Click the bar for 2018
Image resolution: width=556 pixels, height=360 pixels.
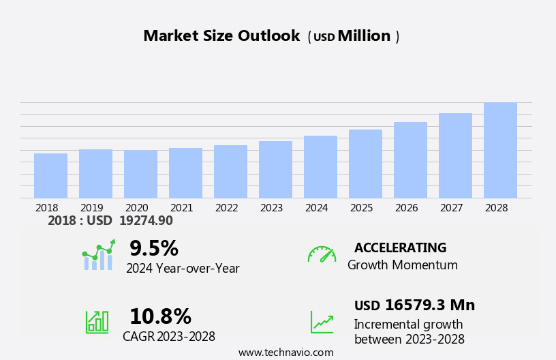pos(50,176)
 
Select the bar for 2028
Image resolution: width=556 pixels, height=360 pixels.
pos(500,151)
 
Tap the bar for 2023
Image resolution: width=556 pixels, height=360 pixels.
pos(275,170)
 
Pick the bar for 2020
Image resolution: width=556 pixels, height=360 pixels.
pos(140,174)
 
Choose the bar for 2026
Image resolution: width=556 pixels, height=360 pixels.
pos(410,160)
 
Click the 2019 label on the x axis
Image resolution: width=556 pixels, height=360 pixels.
pos(92,208)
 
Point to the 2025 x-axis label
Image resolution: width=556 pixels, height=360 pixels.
pos(362,208)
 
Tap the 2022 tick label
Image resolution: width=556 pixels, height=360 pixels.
pos(227,208)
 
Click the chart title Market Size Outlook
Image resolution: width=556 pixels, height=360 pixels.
pos(221,36)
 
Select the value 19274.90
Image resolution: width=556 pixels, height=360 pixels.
pos(146,221)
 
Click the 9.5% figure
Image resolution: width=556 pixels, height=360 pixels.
pos(154,248)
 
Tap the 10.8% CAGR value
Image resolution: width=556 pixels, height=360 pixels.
pos(160,316)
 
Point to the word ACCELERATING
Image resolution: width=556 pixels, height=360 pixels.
pos(400,248)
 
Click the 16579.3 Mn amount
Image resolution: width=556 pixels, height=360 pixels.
pos(429,305)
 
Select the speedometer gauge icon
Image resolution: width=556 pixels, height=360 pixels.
pos(322,254)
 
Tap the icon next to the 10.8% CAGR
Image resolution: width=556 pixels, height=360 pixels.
pos(97,321)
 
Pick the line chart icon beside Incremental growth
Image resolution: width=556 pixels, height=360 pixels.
pos(322,322)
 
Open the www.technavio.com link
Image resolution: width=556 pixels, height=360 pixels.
pos(285,352)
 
